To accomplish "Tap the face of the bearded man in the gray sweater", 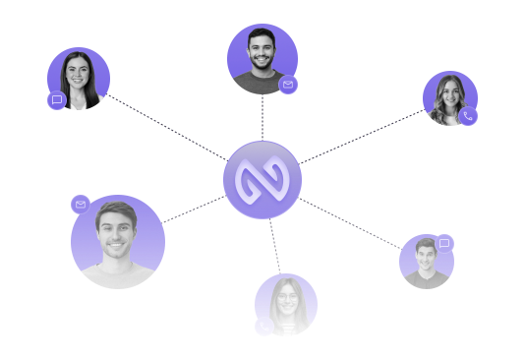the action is click(260, 51).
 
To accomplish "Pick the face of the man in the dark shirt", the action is click(425, 256).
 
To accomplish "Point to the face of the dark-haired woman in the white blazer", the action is click(78, 71).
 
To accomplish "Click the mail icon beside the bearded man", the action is click(288, 86).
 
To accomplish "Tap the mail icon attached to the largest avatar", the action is click(81, 204).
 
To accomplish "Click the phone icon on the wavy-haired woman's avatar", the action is click(468, 116).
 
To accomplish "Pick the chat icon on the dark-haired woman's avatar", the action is click(57, 99).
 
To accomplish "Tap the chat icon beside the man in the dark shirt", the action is click(444, 242).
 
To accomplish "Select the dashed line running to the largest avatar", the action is click(193, 208).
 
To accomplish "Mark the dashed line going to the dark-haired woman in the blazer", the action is click(167, 127).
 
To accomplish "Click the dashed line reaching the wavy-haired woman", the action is click(364, 136).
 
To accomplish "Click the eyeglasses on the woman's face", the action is click(285, 298).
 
